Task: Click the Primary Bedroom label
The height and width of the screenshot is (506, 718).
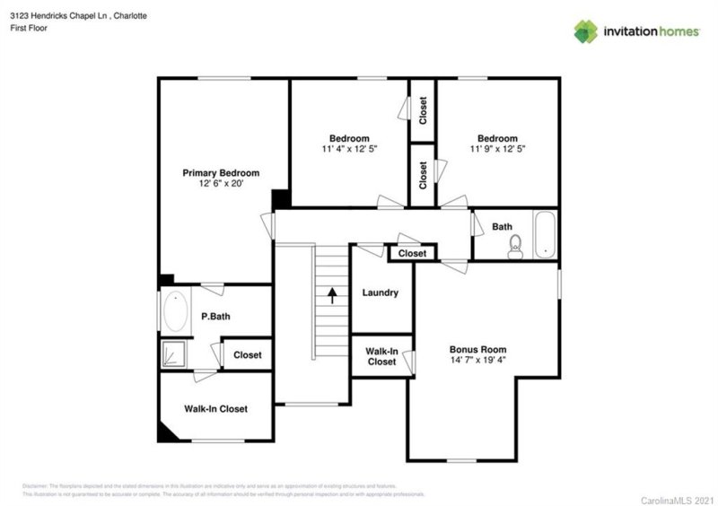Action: point(221,173)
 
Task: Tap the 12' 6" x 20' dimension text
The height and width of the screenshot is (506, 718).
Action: point(221,183)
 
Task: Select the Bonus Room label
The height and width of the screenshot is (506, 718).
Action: point(477,350)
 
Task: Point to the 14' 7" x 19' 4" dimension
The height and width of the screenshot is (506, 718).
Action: point(477,360)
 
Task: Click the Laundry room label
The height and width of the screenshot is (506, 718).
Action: point(380,293)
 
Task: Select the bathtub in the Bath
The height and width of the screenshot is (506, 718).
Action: point(544,235)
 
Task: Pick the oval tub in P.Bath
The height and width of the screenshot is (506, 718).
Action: point(174,313)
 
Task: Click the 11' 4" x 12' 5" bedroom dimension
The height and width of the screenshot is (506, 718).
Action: point(349,148)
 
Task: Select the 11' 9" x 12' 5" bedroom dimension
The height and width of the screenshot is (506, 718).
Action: point(497,148)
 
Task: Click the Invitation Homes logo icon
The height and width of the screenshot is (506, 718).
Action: point(586,31)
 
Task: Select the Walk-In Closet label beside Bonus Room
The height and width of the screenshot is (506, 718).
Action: point(381,356)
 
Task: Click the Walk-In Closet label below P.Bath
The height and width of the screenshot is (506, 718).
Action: point(215,409)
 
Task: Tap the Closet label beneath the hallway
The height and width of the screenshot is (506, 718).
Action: point(412,254)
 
